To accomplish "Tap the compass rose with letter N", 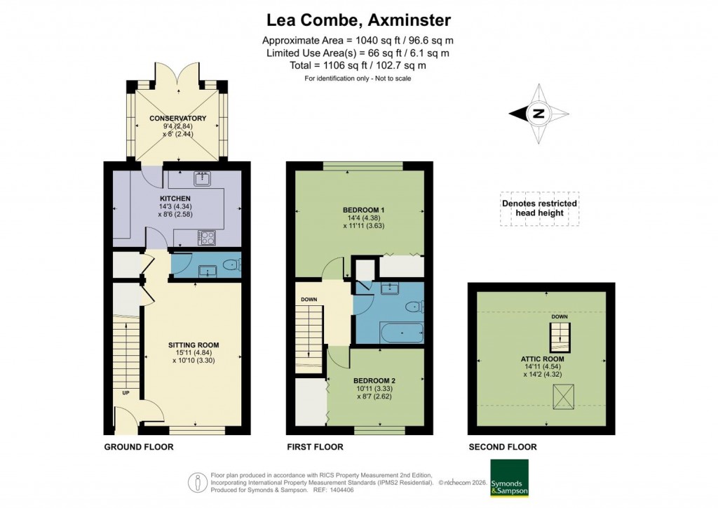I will tap(538, 114).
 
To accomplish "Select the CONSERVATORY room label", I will tap(178, 118).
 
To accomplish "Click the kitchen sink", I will tap(202, 178).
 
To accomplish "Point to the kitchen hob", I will tap(207, 238).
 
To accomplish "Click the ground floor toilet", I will tap(231, 265).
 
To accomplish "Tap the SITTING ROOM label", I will tap(194, 345).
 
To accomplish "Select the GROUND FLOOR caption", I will tap(138, 447).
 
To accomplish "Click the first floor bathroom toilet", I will tap(416, 305).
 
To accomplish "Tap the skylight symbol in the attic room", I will tap(562, 398).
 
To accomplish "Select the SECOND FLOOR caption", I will tap(503, 447).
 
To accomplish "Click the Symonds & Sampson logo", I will tap(509, 479).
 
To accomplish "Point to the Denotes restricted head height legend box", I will tap(539, 208).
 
